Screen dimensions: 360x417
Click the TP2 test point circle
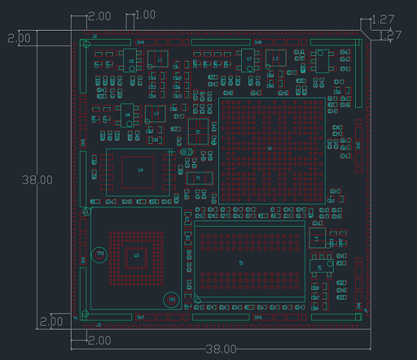coord(100,254)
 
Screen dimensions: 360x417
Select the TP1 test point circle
coord(170,300)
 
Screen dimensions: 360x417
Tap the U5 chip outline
coord(131,60)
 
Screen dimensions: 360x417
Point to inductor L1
coord(159,60)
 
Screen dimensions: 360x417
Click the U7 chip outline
coord(249,60)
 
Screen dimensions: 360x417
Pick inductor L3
coord(275,59)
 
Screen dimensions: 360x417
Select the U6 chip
coord(127,114)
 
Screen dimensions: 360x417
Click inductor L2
coord(156,113)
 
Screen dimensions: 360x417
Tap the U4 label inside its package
coord(140,170)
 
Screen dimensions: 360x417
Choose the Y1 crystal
coord(198,178)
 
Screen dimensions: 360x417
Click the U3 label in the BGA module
coord(136,256)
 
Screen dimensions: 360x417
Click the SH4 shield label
coord(140,42)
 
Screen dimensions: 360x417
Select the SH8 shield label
coord(258,42)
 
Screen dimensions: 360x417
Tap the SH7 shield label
coord(140,317)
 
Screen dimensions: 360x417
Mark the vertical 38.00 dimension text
coord(37,179)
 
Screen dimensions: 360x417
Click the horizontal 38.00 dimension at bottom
coord(221,350)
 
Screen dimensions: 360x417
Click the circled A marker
coord(86,211)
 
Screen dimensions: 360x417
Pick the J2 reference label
coord(95,36)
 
